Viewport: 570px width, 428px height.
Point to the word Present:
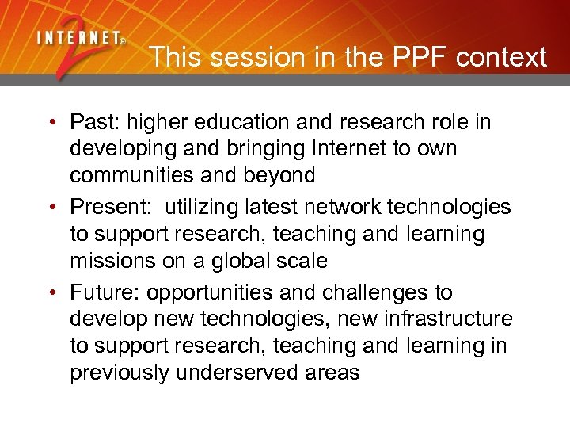click(111, 208)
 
